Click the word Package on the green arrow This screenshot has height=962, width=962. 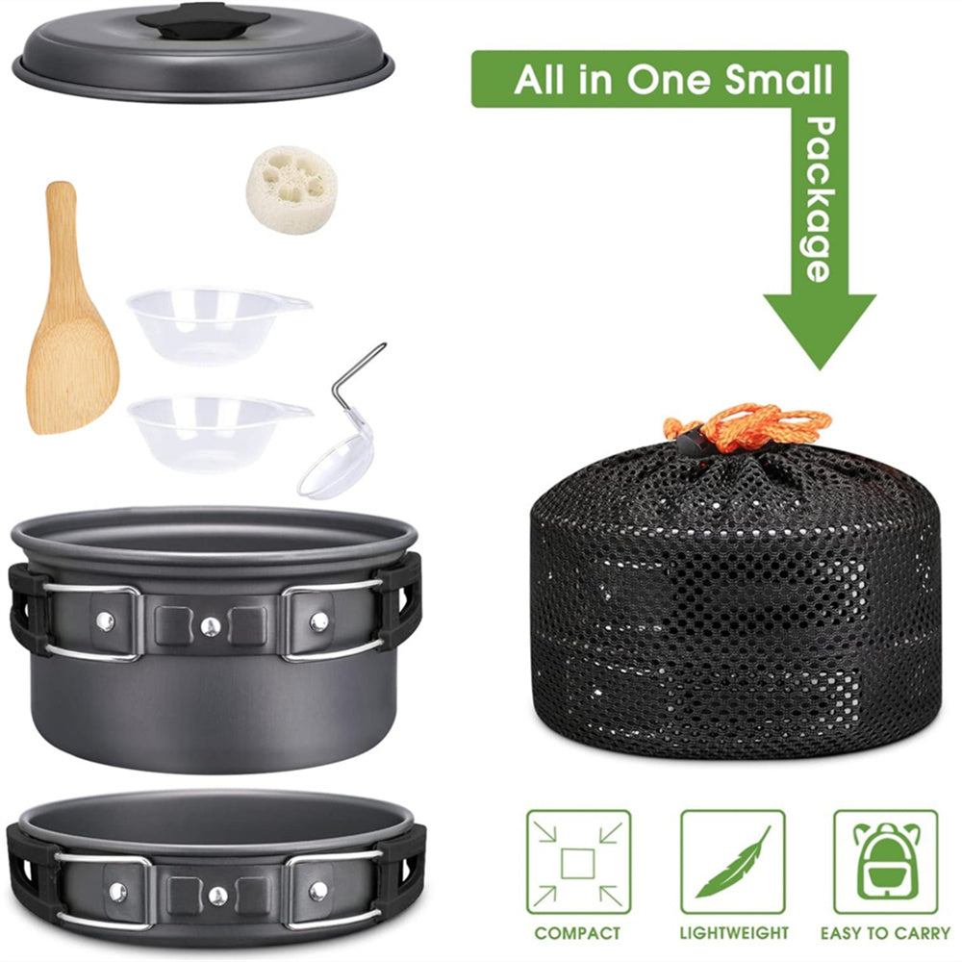(819, 199)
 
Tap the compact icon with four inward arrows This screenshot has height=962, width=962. (578, 863)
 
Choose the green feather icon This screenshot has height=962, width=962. (733, 863)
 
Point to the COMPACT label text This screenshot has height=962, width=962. (577, 934)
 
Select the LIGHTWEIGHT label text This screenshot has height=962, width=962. (734, 934)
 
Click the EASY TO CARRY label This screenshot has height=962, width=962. (885, 934)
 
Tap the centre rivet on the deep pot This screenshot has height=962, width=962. (211, 626)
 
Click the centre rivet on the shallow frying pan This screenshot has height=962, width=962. (217, 897)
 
